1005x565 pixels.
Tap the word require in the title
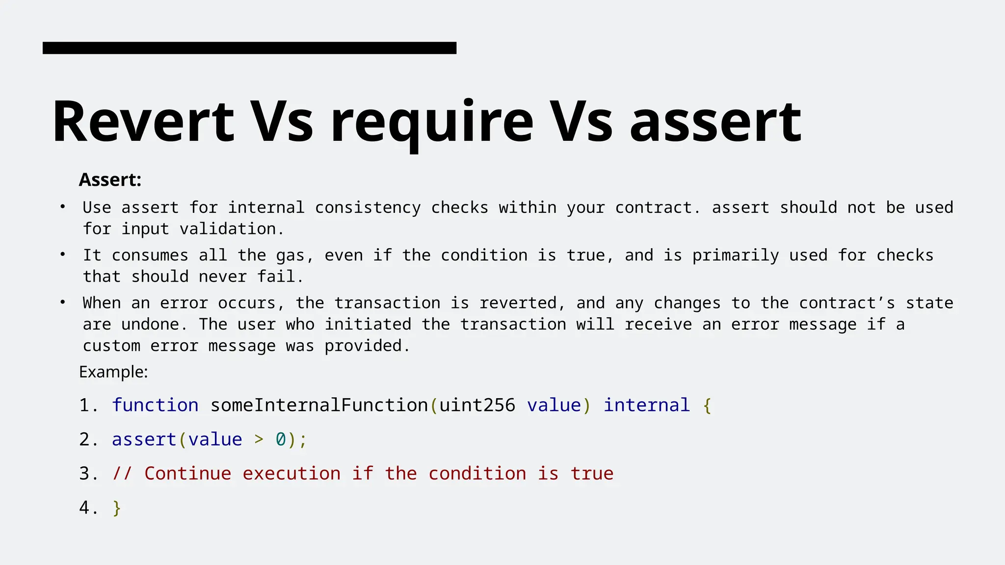click(432, 123)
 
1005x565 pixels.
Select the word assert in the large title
click(715, 123)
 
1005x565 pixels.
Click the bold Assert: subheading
click(110, 180)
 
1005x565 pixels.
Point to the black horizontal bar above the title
click(249, 48)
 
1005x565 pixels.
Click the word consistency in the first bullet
click(368, 207)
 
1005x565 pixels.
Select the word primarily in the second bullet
click(735, 256)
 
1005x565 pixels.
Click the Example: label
click(113, 372)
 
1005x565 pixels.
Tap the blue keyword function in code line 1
click(155, 405)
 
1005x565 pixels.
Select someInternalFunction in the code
click(319, 405)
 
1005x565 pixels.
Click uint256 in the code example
click(477, 405)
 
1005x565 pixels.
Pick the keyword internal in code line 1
click(646, 405)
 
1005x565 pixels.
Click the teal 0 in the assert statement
click(281, 439)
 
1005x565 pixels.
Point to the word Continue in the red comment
click(188, 473)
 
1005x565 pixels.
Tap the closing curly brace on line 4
click(117, 508)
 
